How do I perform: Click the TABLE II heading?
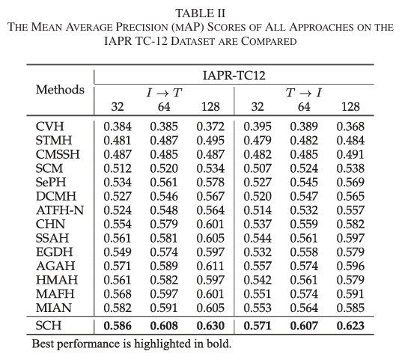pos(201,13)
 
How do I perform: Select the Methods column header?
pos(60,90)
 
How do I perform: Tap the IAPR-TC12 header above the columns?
pos(234,76)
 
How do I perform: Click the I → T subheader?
pos(164,93)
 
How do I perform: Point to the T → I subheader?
pos(304,93)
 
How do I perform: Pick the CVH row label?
pos(49,126)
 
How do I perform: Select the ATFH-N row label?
pos(60,210)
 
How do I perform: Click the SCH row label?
pos(49,326)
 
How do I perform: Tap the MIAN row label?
pos(54,308)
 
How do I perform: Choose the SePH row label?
pos(51,183)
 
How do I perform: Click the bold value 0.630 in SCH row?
pos(210,326)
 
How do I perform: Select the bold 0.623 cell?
pos(350,326)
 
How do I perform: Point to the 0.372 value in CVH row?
pos(210,126)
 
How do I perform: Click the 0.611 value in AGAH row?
pos(210,266)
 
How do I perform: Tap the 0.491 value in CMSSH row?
pos(350,154)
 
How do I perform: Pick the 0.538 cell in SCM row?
pos(350,168)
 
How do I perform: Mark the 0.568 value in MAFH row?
pos(118,294)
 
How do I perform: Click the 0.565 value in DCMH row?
pos(350,196)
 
